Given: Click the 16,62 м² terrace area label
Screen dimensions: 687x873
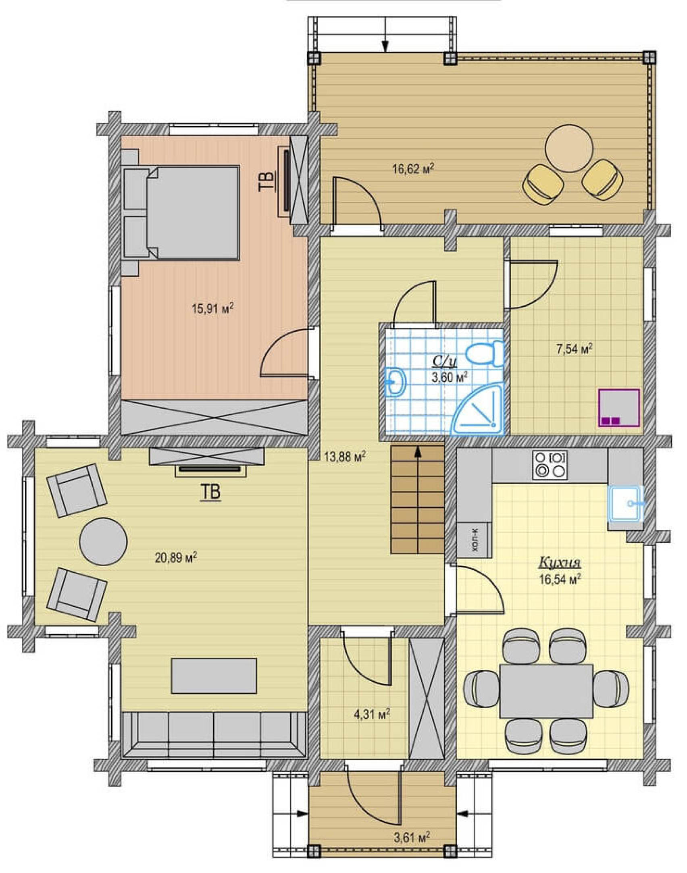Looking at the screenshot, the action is pyautogui.click(x=413, y=168).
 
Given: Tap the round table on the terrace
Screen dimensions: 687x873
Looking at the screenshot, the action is pyautogui.click(x=569, y=148).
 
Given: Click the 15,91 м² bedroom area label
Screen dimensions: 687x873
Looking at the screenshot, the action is pyautogui.click(x=213, y=309).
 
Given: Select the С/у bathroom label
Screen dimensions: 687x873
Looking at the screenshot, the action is pyautogui.click(x=444, y=362).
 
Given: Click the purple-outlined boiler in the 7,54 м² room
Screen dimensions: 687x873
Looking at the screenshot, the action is pyautogui.click(x=619, y=408).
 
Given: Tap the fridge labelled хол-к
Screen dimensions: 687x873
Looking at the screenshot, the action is pyautogui.click(x=474, y=540).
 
